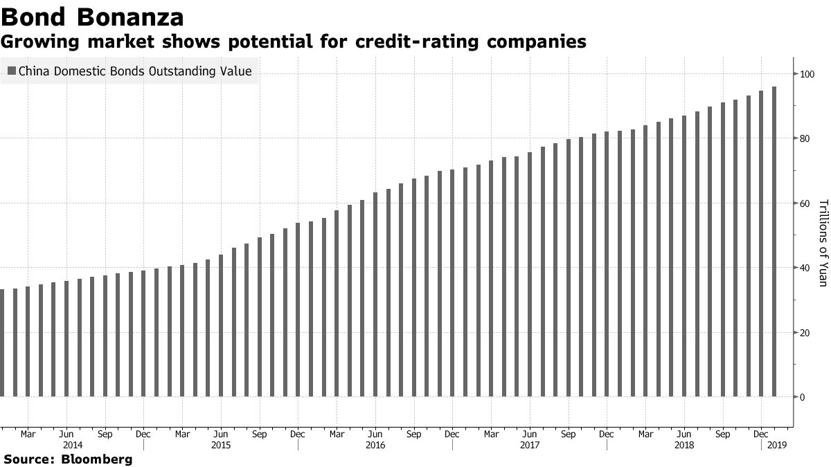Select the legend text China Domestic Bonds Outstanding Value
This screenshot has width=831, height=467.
134,71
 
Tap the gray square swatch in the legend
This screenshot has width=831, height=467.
11,71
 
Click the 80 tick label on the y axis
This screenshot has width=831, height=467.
805,138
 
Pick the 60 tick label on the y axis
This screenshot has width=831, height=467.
805,203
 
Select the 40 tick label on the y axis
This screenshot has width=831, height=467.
805,268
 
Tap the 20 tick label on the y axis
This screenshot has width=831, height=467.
805,333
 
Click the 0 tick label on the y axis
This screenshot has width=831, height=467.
802,397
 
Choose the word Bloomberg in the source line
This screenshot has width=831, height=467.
96,459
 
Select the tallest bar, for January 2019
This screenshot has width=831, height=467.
774,241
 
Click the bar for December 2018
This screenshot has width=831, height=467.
760,244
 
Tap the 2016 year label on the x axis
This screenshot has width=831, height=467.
375,446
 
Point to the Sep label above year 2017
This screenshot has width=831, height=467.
568,434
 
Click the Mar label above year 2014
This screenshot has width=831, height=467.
28,434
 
